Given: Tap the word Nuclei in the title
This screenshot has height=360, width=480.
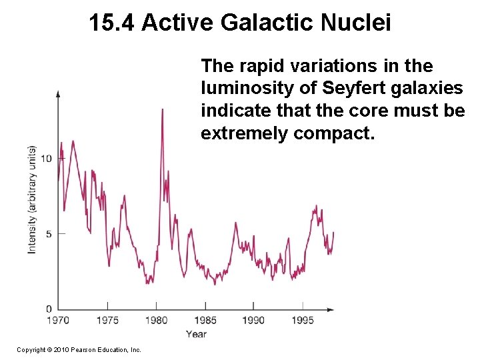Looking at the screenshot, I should click(x=357, y=23).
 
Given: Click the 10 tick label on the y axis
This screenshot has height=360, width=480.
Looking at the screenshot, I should click(x=47, y=158).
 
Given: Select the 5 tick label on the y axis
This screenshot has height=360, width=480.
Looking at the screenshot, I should click(x=49, y=233).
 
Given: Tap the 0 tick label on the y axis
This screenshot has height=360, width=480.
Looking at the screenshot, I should click(x=49, y=309).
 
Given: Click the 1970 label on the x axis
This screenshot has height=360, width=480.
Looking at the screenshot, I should click(x=58, y=321).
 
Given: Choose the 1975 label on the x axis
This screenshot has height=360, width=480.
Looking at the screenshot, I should click(x=107, y=321).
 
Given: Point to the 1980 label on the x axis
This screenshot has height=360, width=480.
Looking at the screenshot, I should click(x=156, y=321).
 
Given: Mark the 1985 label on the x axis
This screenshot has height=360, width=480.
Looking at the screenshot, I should click(x=205, y=321).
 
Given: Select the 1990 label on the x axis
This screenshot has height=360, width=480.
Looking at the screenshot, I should click(x=253, y=321).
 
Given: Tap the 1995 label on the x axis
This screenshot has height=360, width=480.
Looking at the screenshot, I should click(x=303, y=321).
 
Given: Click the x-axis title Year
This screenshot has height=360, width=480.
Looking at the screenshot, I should click(x=196, y=334).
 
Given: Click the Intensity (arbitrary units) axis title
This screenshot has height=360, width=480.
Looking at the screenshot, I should click(x=31, y=199).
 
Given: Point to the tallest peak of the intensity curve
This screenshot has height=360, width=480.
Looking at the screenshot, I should click(x=162, y=109).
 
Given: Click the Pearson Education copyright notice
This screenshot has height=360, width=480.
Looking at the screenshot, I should click(x=79, y=349).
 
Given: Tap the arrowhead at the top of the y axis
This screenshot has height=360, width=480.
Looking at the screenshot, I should click(x=58, y=94).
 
